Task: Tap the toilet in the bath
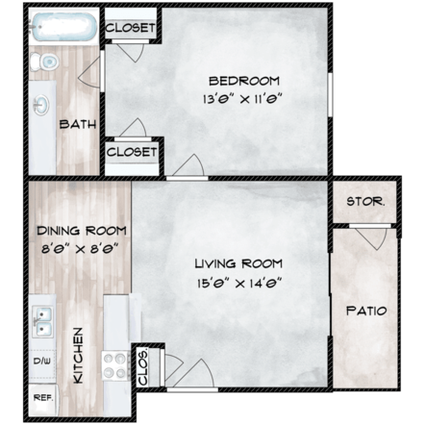[x=42, y=62]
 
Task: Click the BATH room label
[x=75, y=124]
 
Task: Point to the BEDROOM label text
[x=244, y=80]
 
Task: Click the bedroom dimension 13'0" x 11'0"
[x=244, y=98]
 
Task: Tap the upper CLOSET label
[x=130, y=28]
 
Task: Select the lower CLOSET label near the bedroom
[x=132, y=152]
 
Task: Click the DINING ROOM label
[x=81, y=231]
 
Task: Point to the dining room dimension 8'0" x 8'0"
[x=81, y=248]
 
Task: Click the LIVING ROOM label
[x=237, y=263]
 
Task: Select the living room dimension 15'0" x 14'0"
[x=237, y=282]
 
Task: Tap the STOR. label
[x=364, y=202]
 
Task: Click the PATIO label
[x=364, y=311]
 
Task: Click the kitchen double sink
[x=43, y=321]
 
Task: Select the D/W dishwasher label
[x=43, y=362]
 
